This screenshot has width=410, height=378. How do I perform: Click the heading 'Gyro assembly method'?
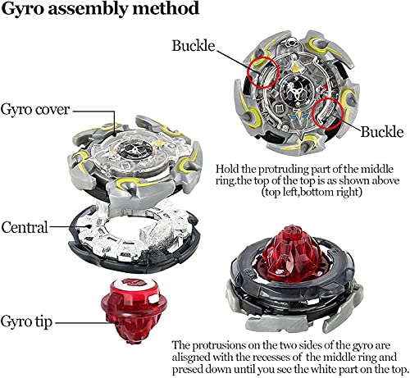[x=100, y=9]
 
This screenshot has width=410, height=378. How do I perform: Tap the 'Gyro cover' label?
[x=35, y=110]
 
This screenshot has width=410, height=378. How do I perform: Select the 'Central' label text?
[x=25, y=227]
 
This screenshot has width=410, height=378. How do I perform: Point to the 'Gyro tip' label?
[x=26, y=321]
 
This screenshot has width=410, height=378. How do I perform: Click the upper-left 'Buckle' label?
[x=194, y=45]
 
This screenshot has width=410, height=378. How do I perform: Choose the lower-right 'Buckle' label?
[x=382, y=132]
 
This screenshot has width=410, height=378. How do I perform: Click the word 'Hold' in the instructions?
[x=227, y=169]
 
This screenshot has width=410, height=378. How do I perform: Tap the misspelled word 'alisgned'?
[x=191, y=358]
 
